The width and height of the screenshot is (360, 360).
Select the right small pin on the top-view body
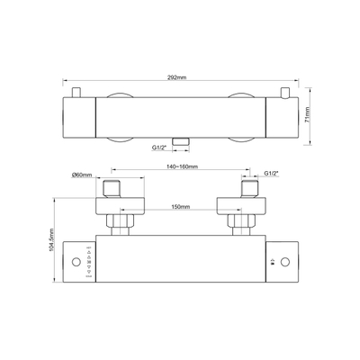coord(284,89)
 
